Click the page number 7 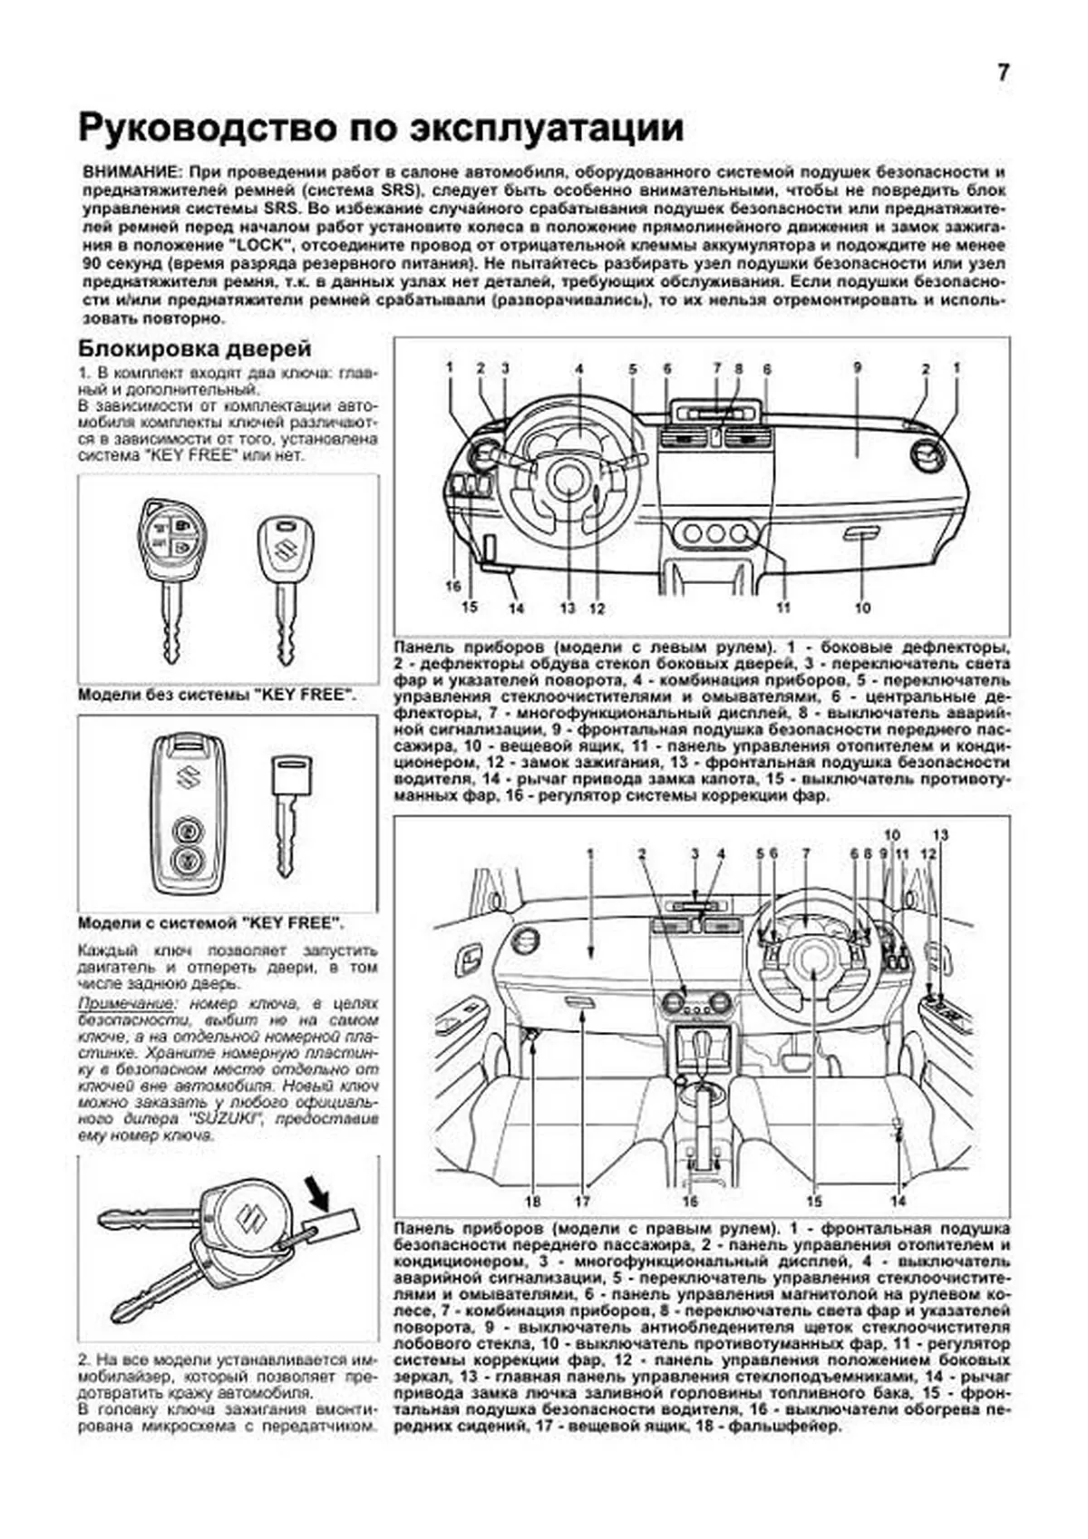(1003, 73)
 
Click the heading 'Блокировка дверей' (194, 348)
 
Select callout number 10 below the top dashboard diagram (861, 608)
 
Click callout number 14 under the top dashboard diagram (516, 608)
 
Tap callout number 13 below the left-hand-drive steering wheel (568, 609)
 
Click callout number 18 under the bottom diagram (532, 1201)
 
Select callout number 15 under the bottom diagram (813, 1201)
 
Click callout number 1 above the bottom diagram (589, 853)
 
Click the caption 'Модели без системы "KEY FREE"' (216, 694)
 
